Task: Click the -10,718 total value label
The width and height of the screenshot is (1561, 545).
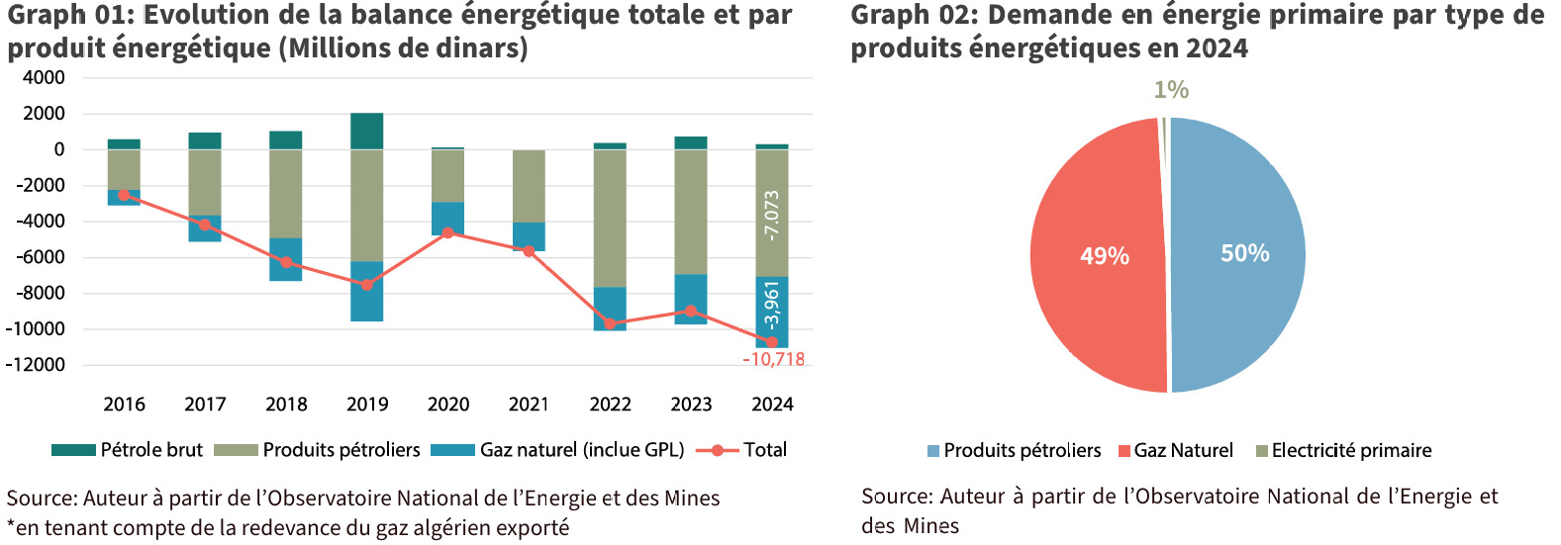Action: (773, 360)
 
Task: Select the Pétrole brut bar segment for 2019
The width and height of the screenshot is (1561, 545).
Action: (366, 131)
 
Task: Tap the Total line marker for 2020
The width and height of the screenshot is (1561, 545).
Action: (448, 232)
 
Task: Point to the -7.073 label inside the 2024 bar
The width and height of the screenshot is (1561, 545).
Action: (772, 215)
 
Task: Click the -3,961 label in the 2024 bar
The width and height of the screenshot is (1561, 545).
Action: (772, 305)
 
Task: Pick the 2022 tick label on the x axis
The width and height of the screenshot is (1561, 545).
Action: (610, 405)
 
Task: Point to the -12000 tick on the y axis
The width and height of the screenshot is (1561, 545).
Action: (36, 365)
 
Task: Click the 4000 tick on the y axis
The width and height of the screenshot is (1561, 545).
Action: (45, 78)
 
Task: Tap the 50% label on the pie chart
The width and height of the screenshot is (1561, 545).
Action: (1244, 253)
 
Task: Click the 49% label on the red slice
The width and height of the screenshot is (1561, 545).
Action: (1105, 256)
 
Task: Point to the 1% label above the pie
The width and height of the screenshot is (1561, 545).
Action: (1171, 90)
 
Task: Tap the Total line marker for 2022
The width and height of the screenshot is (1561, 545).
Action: (610, 323)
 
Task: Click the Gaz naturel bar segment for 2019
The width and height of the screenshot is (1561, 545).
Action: (366, 291)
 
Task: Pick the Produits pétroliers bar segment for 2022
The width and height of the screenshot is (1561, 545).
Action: (610, 218)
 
